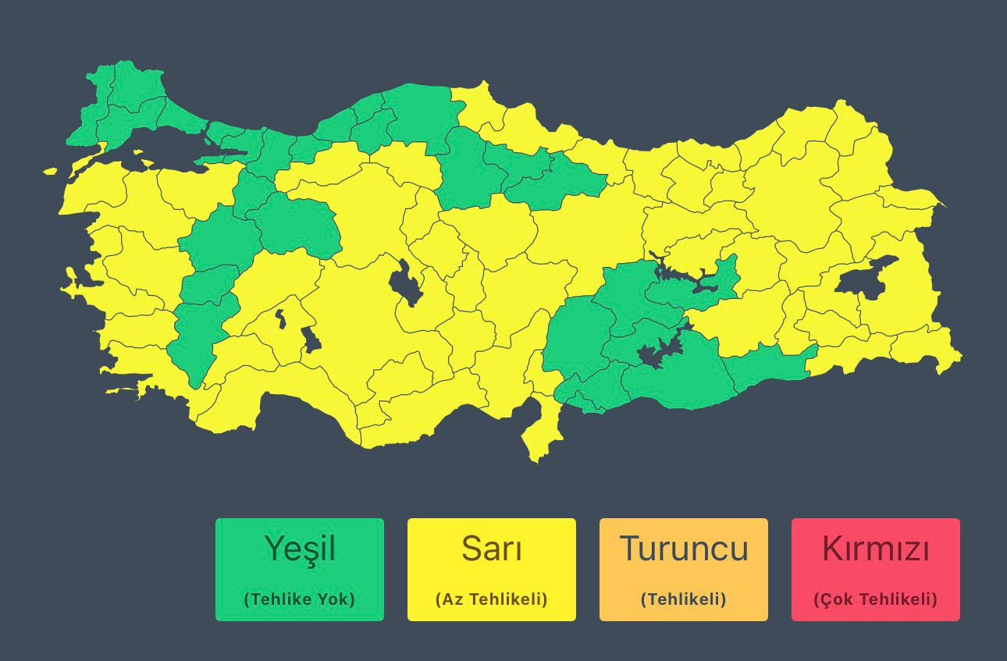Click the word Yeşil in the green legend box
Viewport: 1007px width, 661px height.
point(300,549)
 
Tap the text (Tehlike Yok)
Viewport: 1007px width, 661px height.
point(300,599)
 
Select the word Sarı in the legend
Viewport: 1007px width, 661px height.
point(492,549)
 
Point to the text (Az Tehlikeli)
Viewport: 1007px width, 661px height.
point(492,599)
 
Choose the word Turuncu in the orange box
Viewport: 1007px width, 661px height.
point(684,549)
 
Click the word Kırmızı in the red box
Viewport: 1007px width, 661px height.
point(876,549)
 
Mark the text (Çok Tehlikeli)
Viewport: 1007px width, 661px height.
point(876,599)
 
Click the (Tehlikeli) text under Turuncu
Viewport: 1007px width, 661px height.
point(684,599)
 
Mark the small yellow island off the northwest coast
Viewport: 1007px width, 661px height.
point(51,171)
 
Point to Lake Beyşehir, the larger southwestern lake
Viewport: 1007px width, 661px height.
point(311,339)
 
